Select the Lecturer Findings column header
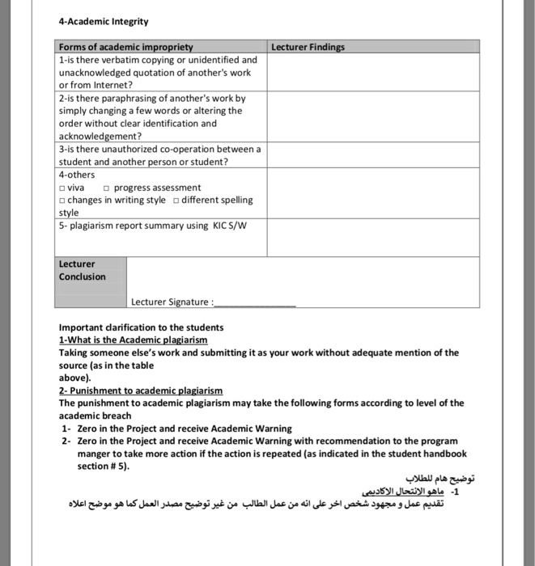tap(308, 48)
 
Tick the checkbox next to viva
tap(62, 188)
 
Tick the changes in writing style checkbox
tap(62, 201)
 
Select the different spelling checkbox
tap(176, 201)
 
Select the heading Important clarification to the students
tap(142, 327)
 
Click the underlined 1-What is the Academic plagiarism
tap(134, 340)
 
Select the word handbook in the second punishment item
tap(445, 454)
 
